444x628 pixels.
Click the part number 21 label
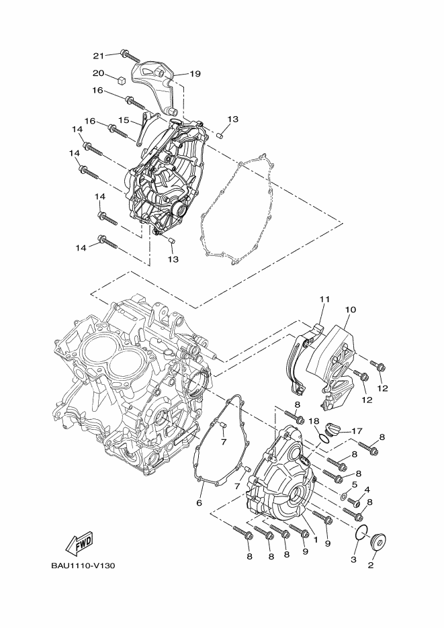click(98, 55)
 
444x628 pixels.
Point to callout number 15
click(124, 120)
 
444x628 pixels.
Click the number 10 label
click(350, 310)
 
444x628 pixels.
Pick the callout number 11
click(324, 299)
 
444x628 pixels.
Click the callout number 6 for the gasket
click(199, 502)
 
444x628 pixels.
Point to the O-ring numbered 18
click(324, 438)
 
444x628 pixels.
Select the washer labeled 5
click(343, 496)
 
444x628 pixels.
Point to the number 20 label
click(98, 73)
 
